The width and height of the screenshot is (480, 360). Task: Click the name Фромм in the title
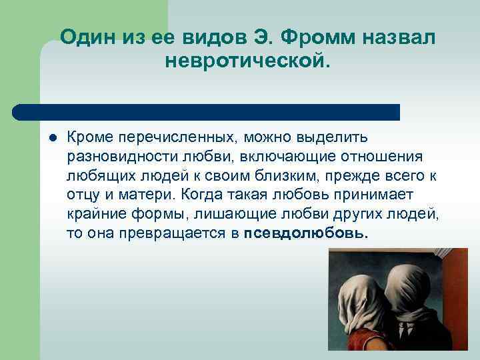323,38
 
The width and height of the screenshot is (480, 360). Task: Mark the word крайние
93,214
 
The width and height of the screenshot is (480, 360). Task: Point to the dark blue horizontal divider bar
207,112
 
